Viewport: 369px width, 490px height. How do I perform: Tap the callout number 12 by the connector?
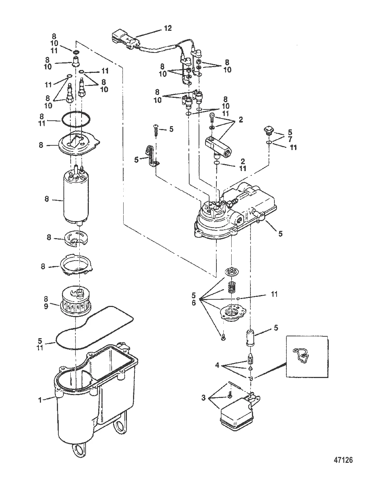[x=168, y=28]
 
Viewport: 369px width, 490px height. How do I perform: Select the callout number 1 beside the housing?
[x=40, y=400]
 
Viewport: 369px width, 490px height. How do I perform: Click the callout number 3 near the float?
[x=203, y=398]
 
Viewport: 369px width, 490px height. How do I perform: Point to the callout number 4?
[x=217, y=365]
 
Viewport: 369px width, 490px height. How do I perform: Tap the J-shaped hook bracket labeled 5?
[x=152, y=156]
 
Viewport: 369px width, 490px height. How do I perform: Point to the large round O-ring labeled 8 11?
[x=76, y=119]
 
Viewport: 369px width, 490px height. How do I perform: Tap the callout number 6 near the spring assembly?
[x=194, y=303]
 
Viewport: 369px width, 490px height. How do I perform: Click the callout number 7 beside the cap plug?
[x=290, y=139]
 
